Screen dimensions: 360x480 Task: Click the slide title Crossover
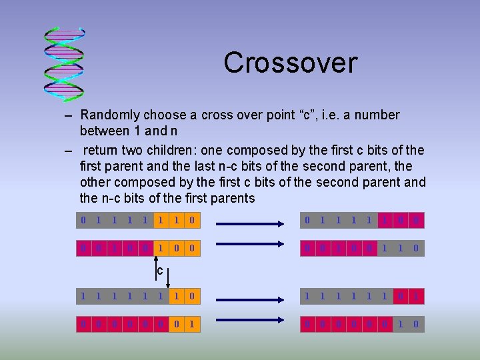click(291, 63)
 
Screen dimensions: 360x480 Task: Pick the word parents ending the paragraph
click(231, 198)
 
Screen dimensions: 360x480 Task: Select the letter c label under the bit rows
click(160, 271)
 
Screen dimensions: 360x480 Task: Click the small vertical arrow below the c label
click(168, 274)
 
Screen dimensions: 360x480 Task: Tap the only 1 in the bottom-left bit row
click(192, 325)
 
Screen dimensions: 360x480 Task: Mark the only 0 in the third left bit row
click(192, 295)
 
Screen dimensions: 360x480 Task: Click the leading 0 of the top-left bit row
click(83, 219)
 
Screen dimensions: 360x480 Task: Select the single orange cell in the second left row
click(160, 249)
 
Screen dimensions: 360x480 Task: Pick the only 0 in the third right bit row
click(401, 295)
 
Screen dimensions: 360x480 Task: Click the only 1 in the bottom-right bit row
click(401, 325)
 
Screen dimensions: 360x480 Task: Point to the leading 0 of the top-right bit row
click(307, 219)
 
